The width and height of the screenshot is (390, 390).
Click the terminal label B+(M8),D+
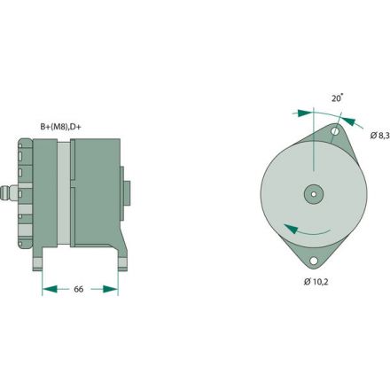[66, 126]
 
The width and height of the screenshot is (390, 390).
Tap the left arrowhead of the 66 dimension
[47, 289]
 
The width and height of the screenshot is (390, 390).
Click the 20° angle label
[338, 100]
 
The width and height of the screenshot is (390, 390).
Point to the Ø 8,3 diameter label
[378, 135]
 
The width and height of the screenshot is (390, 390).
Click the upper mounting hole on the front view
[335, 133]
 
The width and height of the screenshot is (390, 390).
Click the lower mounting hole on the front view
[314, 260]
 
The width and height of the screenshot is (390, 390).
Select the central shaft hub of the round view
[314, 193]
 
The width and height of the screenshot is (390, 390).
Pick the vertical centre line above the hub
[314, 151]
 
